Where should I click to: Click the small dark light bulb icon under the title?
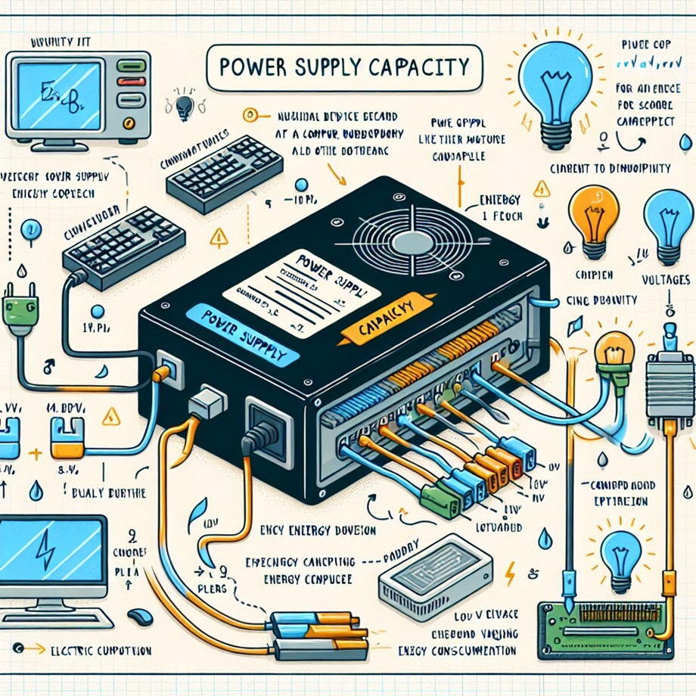pos(182,108)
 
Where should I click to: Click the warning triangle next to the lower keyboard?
pos(219,239)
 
